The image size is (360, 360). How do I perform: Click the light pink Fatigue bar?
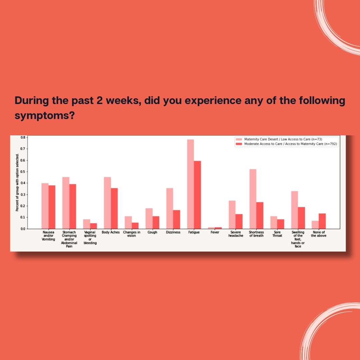190,184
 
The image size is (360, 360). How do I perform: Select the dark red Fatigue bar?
197,195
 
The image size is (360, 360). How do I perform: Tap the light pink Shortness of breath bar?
253,199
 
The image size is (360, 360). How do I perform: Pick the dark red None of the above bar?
322,221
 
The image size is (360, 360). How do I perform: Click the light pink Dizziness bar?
170,208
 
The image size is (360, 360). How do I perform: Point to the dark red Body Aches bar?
114,208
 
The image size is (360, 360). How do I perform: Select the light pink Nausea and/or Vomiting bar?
45,206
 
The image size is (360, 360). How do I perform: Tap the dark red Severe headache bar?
239,222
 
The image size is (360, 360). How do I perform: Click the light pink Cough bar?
149,219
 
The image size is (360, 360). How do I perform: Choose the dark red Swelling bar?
301,218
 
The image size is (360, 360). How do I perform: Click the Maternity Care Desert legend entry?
279,139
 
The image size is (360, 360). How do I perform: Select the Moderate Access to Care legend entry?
286,144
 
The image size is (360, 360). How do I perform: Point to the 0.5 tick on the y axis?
27,172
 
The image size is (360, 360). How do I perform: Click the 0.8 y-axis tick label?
23,138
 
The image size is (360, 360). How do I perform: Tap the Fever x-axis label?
215,232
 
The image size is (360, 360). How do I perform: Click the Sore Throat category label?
277,234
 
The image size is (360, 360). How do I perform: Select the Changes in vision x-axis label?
132,234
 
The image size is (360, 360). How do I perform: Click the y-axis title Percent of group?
17,183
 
